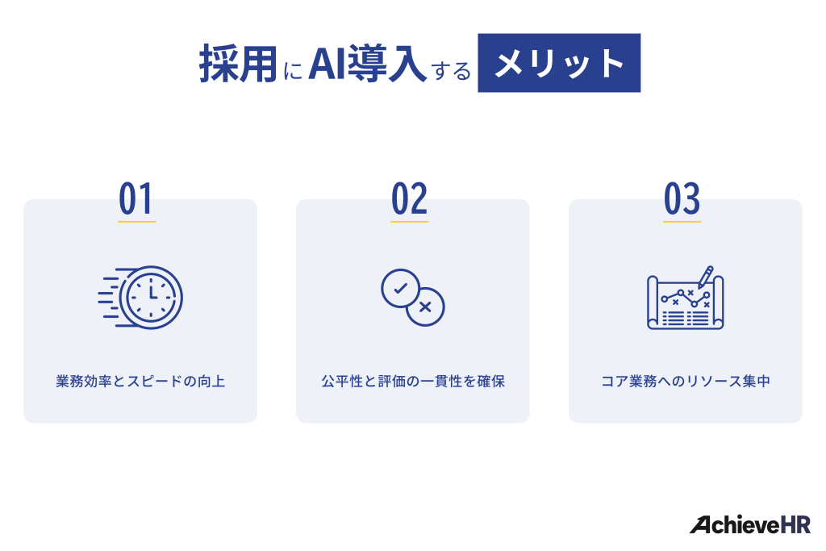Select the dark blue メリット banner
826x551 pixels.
coord(559,63)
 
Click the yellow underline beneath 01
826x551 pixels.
coord(136,220)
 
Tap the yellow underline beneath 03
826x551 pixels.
coord(682,220)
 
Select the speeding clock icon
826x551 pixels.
coord(141,297)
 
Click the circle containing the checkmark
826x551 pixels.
coord(400,288)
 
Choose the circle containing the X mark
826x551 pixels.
coord(426,307)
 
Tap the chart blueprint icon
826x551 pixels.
coord(685,300)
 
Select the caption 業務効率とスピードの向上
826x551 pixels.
coord(140,382)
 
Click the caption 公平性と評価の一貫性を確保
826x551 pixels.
coord(413,382)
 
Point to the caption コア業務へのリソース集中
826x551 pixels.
coord(686,382)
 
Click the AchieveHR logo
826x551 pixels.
coord(749,525)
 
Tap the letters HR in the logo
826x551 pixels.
coord(795,525)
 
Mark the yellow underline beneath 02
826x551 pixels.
coord(410,220)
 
